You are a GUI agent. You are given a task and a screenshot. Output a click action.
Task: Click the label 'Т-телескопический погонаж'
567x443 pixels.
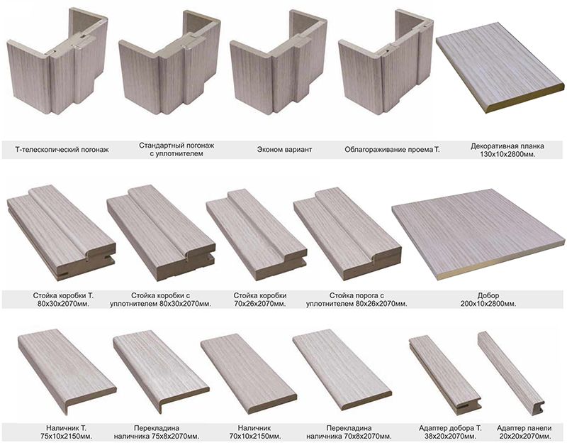pos(62,150)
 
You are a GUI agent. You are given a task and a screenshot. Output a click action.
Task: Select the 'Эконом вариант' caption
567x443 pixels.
pos(284,150)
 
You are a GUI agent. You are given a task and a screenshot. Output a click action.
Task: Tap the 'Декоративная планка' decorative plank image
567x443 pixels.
pos(500,67)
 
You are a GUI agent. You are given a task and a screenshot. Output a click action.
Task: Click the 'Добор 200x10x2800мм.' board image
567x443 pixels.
pos(478,234)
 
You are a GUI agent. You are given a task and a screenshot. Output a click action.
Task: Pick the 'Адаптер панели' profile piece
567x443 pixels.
pos(510,371)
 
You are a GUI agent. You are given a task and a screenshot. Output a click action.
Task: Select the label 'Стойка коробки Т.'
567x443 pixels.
pos(63,295)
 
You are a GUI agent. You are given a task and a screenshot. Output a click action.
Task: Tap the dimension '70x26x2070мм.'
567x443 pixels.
pos(259,304)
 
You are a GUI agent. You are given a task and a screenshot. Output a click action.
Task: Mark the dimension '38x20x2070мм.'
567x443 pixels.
pos(450,436)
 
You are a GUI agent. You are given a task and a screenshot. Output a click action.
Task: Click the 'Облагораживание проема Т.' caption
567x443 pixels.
pos(393,150)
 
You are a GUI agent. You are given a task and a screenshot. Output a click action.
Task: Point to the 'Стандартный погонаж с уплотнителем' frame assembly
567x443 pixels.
pos(169,62)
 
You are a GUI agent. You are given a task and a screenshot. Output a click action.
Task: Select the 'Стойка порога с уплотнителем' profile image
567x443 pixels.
pos(347,234)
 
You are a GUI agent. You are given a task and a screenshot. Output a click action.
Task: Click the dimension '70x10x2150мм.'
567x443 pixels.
pos(255,436)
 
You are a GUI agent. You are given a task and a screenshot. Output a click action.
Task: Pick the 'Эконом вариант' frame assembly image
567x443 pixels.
pos(279,62)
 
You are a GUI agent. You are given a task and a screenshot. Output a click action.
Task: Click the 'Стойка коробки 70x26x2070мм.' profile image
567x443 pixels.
pos(257,235)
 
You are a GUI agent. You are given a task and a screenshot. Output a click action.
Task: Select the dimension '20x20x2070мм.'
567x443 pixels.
pos(524,436)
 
